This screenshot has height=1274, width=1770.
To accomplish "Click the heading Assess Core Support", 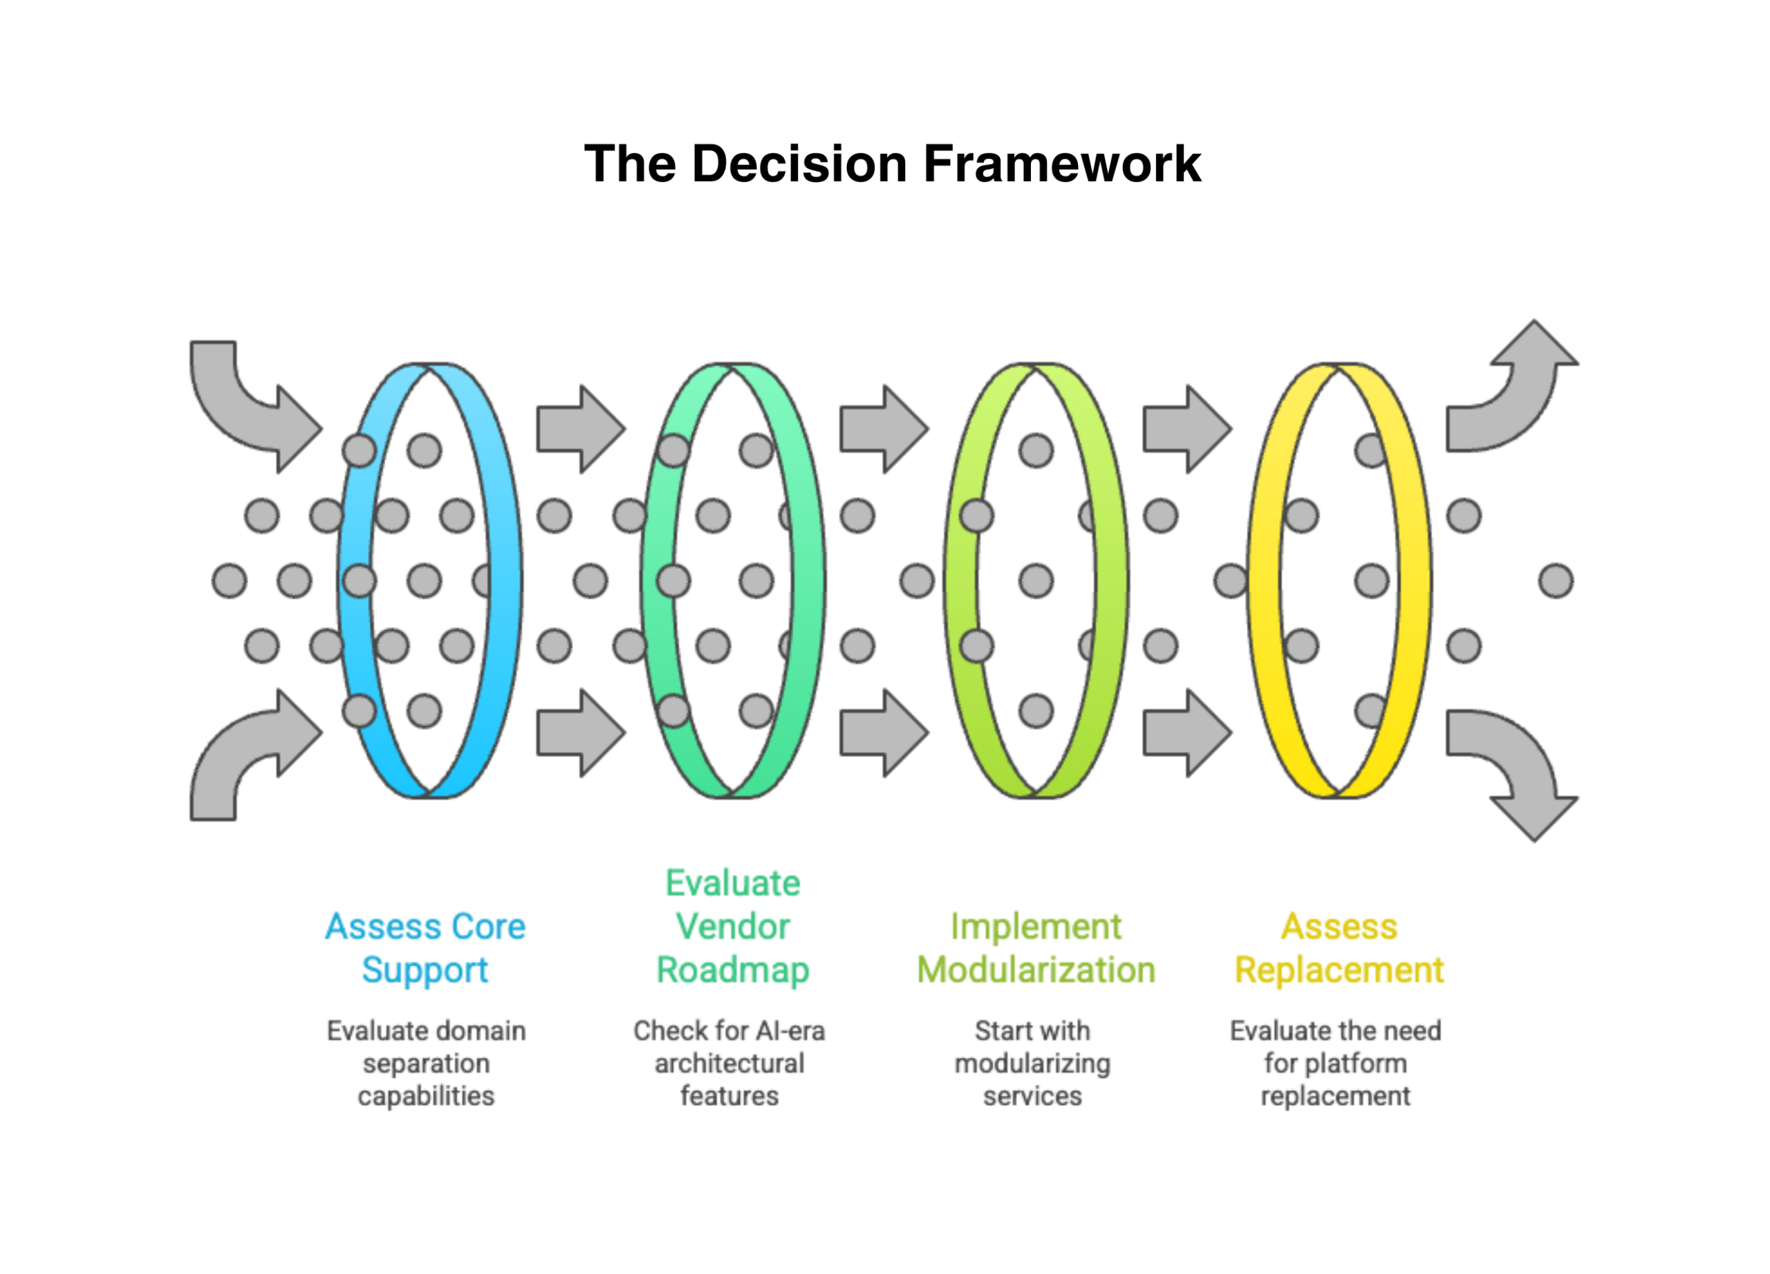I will coord(425,948).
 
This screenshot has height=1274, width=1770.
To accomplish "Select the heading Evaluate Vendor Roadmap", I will coord(733,927).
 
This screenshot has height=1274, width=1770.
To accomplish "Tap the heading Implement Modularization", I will coord(1036,948).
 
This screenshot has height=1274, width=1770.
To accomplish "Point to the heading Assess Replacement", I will coord(1339,948).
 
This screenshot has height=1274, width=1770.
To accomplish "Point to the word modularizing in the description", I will coord(1032,1064).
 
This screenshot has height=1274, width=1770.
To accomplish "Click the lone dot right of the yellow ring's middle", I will coord(1556,582).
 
